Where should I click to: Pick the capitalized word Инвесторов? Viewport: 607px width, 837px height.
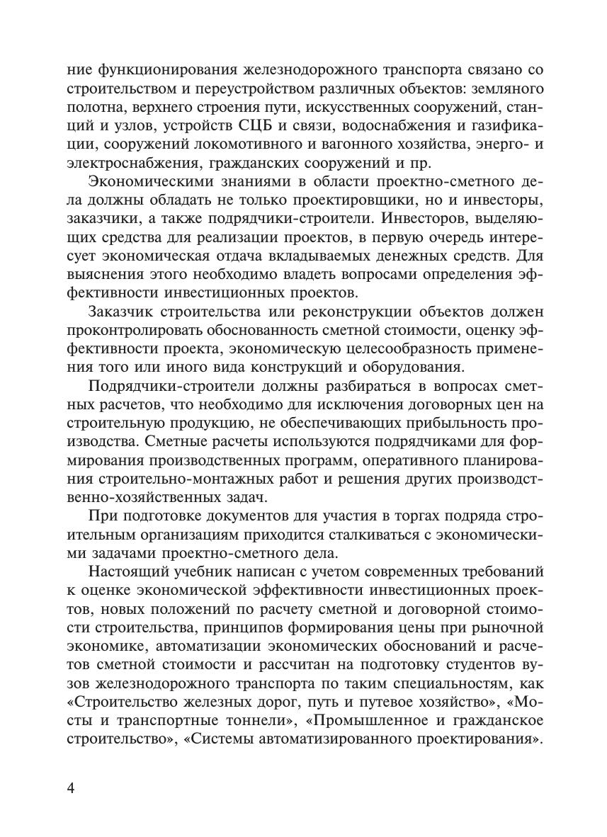424,219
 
